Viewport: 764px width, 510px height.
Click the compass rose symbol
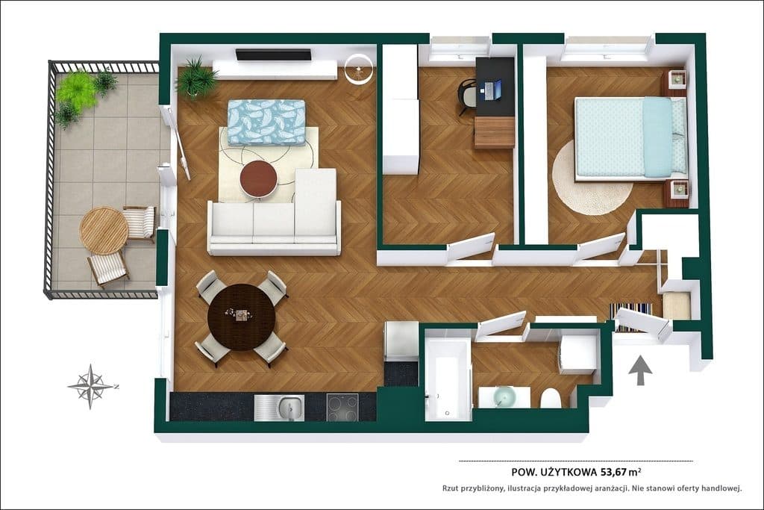click(x=91, y=386)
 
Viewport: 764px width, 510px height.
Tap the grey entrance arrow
click(x=640, y=370)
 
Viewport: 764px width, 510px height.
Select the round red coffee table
click(x=259, y=179)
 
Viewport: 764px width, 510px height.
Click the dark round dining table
click(x=242, y=317)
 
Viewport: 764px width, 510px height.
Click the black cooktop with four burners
click(x=342, y=407)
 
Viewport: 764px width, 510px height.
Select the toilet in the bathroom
click(x=551, y=398)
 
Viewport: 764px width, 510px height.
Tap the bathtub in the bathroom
click(x=448, y=380)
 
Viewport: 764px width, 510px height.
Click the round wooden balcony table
click(x=104, y=231)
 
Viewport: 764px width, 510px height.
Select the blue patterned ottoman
click(x=266, y=122)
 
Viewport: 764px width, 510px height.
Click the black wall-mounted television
click(x=273, y=54)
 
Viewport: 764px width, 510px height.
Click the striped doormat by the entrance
click(x=632, y=317)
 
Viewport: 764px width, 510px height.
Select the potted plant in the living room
click(x=196, y=78)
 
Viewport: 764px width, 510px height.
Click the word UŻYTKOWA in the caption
click(x=568, y=471)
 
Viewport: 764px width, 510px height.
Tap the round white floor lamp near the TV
click(x=359, y=69)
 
